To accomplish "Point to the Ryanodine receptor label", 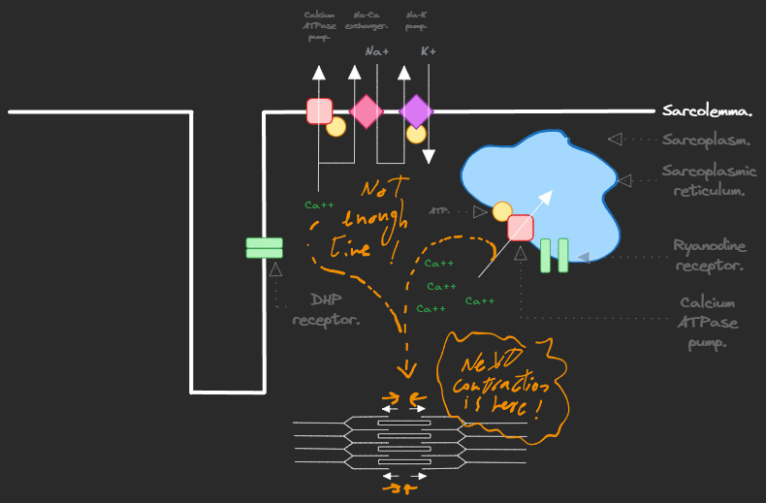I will point(710,256).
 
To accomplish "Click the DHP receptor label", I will point(326,309).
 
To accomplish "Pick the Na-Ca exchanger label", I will point(367,20).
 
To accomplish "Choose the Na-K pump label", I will point(416,20).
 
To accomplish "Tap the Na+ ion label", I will point(377,51).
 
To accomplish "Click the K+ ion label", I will point(428,51).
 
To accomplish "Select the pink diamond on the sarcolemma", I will point(367,111).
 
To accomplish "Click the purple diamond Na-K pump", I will point(416,111).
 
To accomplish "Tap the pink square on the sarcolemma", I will point(319,110).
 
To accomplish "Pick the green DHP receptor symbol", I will point(264,248).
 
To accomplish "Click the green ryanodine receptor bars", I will point(554,255).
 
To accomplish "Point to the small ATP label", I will point(438,210).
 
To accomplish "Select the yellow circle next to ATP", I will point(502,211).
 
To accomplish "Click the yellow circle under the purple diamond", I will point(416,134).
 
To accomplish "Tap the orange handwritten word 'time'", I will point(350,248).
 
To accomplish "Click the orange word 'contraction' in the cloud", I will point(495,387).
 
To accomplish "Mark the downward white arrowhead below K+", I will point(429,155).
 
